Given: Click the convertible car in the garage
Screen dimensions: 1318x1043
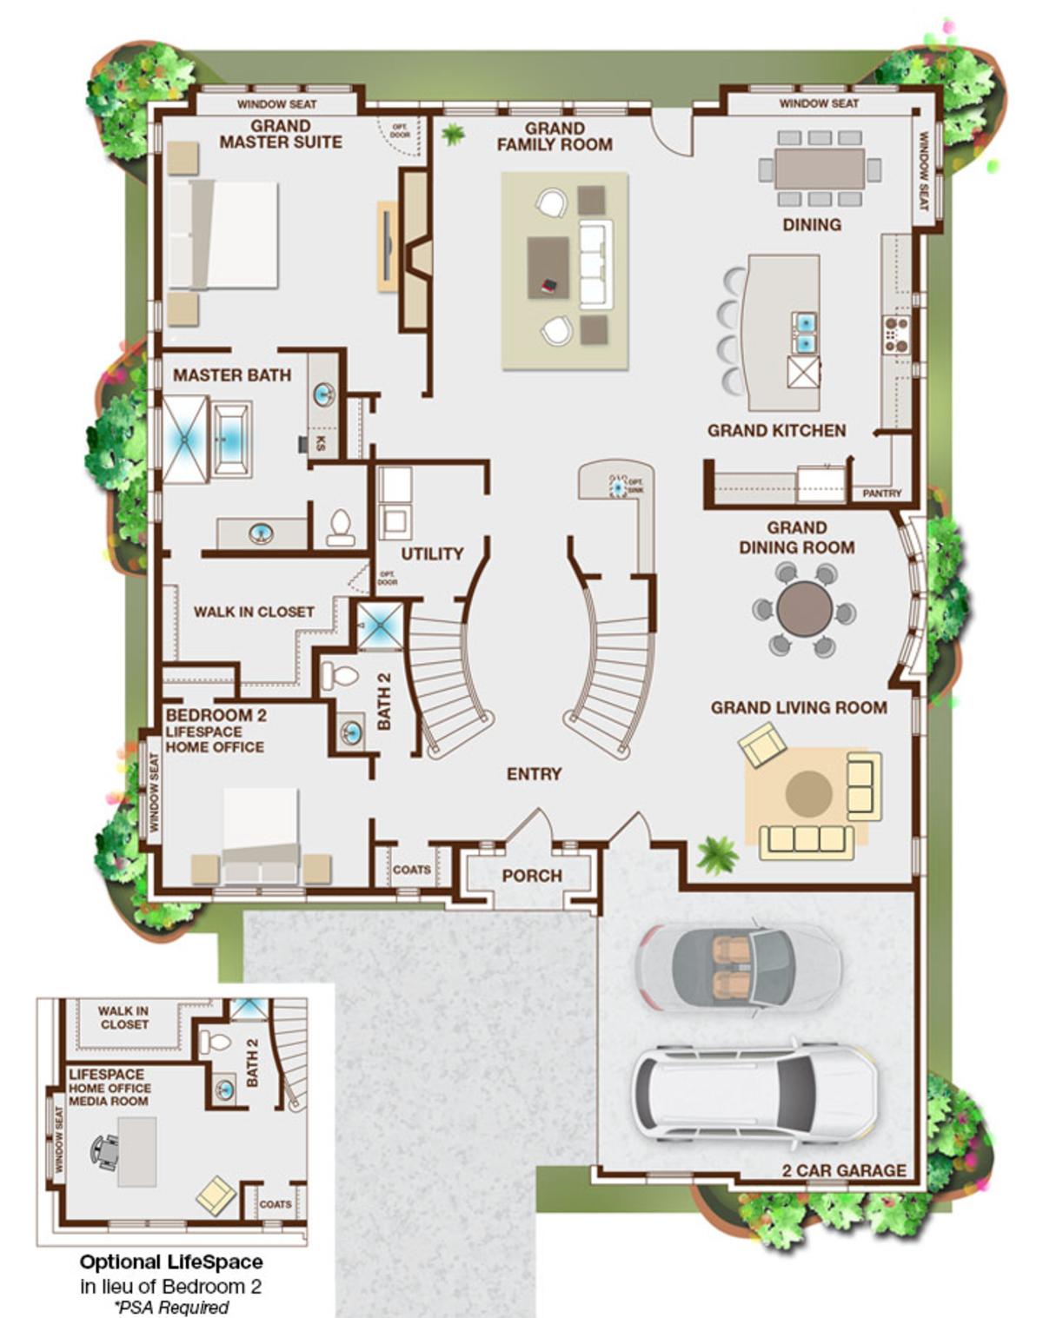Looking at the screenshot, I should pos(738,965).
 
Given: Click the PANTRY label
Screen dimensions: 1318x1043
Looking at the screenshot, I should pos(881,493).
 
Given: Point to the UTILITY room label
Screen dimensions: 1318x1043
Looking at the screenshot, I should pos(432,553).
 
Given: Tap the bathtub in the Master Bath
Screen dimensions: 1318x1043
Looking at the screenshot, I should pos(232,439).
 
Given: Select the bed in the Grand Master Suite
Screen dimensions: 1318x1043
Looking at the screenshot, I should pos(224,235).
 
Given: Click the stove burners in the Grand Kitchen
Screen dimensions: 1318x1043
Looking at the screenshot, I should pos(896,334).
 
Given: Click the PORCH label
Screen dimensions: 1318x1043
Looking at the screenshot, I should pos(532,876).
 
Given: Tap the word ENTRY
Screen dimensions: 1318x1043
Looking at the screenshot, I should pos(534,773).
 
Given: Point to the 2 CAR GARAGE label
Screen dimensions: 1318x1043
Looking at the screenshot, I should pos(843,1170).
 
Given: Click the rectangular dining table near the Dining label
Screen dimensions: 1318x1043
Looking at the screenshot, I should pos(820,169).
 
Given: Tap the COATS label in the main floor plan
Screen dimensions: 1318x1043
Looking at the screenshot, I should pos(411,869).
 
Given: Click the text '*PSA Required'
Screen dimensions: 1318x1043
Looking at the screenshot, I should pos(171,1307).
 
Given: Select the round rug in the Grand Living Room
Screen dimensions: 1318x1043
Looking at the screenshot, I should pos(808,792).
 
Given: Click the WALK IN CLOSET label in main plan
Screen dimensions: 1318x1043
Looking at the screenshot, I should pos(253,612).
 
